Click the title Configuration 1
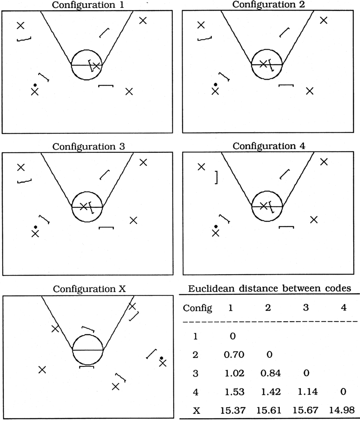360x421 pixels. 88,5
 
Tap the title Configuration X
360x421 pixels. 89,289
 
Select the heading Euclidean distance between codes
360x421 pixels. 269,289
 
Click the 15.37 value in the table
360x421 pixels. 233,410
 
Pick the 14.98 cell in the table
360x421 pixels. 342,410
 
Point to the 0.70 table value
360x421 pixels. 234,355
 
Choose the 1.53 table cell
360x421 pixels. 235,392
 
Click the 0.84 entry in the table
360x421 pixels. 271,373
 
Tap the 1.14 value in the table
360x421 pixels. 307,392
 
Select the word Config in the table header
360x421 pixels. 197,308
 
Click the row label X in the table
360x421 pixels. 197,410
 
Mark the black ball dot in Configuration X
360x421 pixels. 161,358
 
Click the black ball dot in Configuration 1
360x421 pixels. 35,85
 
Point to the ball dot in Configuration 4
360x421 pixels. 216,227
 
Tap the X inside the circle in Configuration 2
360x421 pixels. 263,64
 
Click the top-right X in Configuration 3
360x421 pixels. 143,162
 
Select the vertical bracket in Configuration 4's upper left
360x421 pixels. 216,177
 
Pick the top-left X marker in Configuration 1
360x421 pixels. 20,25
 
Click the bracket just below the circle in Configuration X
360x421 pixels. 86,366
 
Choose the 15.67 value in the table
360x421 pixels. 305,410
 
